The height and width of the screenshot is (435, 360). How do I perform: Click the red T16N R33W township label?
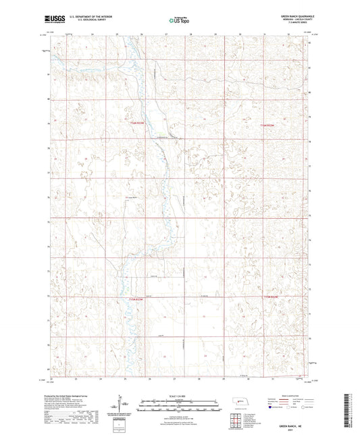point(137,123)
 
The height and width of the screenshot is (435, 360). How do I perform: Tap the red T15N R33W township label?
point(137,299)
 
